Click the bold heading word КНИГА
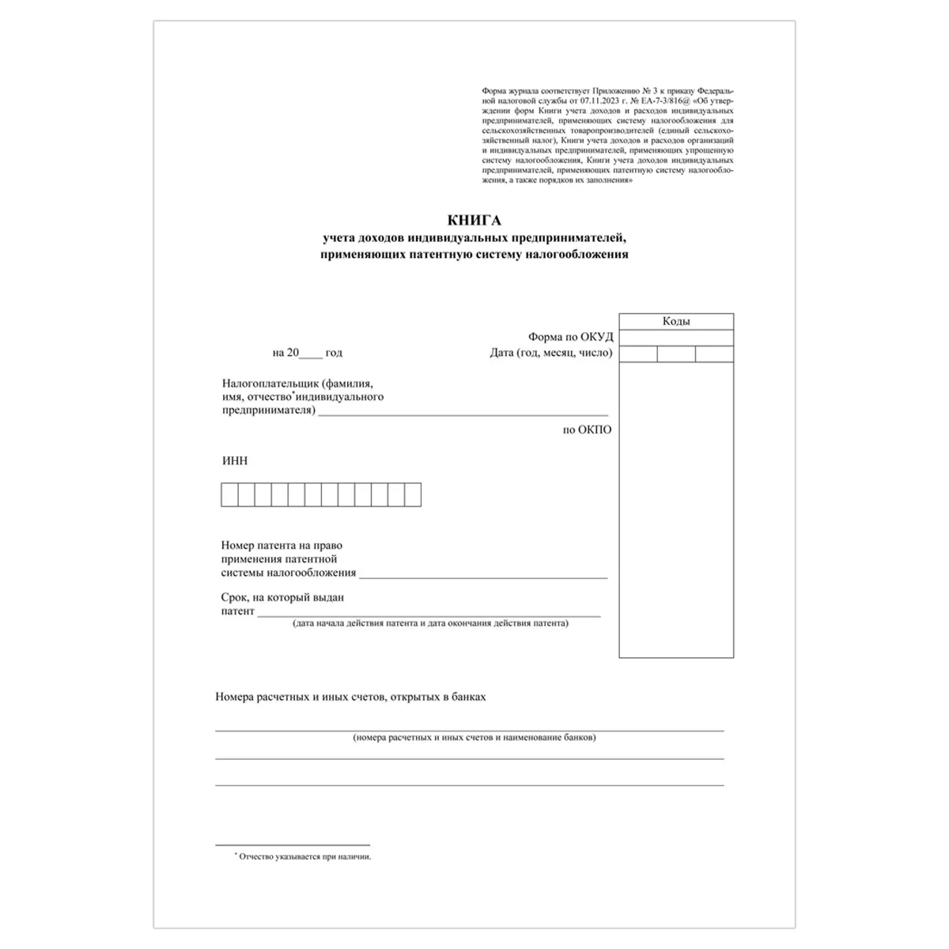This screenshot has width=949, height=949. pyautogui.click(x=475, y=221)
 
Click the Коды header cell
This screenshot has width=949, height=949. pyautogui.click(x=676, y=321)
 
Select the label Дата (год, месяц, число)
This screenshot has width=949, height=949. pyautogui.click(x=551, y=353)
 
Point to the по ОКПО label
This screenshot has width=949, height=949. pyautogui.click(x=587, y=430)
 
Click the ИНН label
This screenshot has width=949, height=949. pyautogui.click(x=235, y=461)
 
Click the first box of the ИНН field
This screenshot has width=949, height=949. pyautogui.click(x=229, y=495)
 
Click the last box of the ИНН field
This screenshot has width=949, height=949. pyautogui.click(x=413, y=495)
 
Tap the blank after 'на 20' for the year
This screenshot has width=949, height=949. pyautogui.click(x=312, y=353)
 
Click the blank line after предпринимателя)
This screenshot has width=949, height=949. pyautogui.click(x=463, y=411)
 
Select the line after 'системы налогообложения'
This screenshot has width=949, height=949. pyautogui.click(x=482, y=575)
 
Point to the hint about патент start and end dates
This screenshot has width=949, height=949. pyautogui.click(x=430, y=623)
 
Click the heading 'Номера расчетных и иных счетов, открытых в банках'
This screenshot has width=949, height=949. pyautogui.click(x=350, y=698)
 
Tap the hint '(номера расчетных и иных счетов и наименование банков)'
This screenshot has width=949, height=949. pyautogui.click(x=475, y=738)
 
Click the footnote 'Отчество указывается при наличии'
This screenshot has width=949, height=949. pyautogui.click(x=304, y=856)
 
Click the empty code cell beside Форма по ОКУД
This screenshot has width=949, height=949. pyautogui.click(x=676, y=338)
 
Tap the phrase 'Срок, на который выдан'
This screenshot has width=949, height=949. pyautogui.click(x=282, y=598)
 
